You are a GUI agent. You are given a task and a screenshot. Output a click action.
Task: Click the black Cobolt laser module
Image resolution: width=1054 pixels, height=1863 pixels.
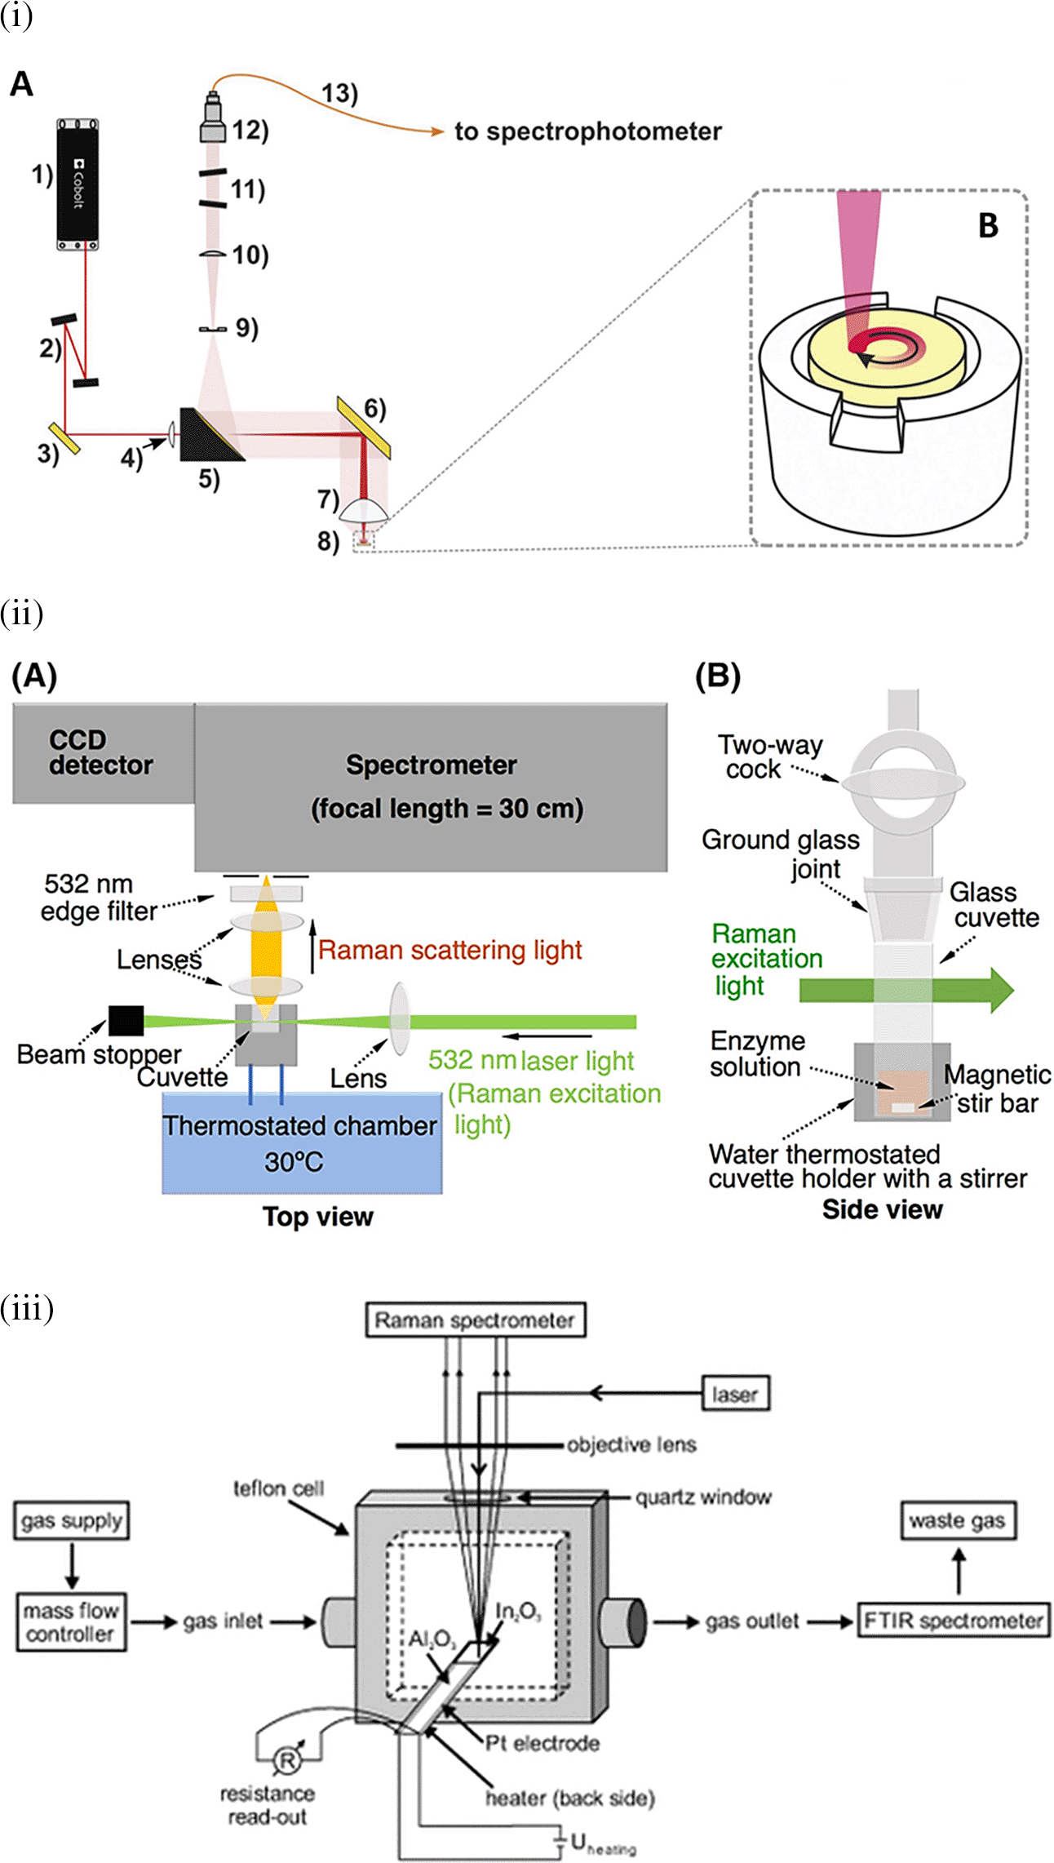coord(77,184)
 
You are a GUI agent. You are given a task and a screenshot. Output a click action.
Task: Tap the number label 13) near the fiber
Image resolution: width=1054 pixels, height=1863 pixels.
coord(339,94)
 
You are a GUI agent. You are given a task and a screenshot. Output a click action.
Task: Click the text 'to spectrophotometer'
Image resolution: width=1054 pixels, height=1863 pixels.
coord(587,131)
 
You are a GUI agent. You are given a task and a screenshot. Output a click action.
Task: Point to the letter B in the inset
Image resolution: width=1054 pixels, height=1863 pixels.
coord(988,227)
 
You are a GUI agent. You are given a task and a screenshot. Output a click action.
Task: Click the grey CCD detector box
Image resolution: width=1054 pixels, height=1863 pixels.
coord(103,752)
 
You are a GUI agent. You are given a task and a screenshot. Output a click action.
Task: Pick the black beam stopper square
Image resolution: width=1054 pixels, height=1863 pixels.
coord(126,1021)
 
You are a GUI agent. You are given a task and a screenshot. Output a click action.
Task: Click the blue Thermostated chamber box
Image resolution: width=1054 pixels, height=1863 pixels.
coord(302,1142)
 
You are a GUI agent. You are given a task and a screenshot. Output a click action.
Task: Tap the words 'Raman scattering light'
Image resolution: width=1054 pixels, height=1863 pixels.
coord(449,950)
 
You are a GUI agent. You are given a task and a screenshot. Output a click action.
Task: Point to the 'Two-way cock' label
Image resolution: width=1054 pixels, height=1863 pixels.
coord(768,756)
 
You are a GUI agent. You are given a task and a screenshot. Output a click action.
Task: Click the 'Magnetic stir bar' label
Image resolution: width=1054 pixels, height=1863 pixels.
coord(997,1089)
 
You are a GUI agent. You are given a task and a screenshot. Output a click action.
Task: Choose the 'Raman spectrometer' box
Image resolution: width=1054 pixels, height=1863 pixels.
coord(474,1320)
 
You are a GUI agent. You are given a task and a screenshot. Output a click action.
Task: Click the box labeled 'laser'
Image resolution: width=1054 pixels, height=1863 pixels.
coord(735,1395)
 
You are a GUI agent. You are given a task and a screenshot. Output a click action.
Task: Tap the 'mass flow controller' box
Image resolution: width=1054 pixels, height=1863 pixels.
coord(71,1622)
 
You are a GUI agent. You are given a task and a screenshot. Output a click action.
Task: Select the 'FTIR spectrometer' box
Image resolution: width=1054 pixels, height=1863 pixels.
coord(953,1621)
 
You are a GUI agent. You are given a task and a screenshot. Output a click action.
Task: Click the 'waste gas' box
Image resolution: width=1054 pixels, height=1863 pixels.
coord(957,1521)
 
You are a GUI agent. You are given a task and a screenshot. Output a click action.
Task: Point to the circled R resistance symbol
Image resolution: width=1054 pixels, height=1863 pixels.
coord(286,1761)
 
